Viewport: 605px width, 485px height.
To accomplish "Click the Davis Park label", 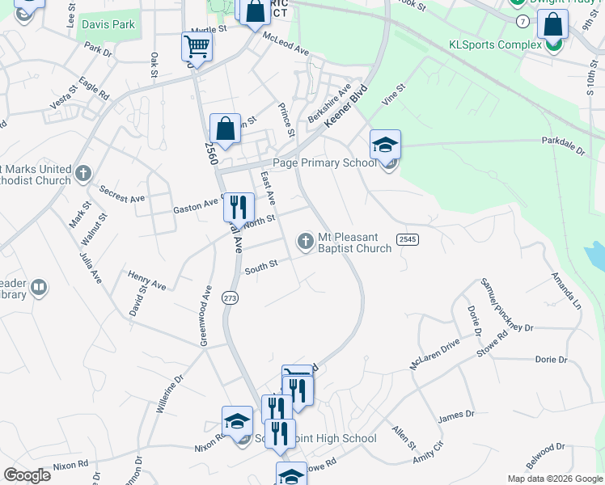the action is point(108,25).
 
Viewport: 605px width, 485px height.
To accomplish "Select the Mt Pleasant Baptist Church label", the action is point(354,242).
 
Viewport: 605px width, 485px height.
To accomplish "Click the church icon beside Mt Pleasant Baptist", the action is point(306,240).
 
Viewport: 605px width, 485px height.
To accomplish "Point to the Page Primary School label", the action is point(325,162).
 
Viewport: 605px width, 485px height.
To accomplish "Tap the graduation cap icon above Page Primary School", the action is point(386,145).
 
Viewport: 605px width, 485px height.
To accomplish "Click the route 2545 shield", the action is point(407,238).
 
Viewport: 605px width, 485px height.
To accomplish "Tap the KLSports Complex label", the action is point(495,44).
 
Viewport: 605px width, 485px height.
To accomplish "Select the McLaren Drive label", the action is point(434,354).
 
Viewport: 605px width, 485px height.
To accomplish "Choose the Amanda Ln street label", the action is point(566,291).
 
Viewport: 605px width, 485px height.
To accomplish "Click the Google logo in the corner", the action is point(27,474).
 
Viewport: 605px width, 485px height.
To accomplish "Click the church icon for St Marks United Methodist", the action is point(83,173).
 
